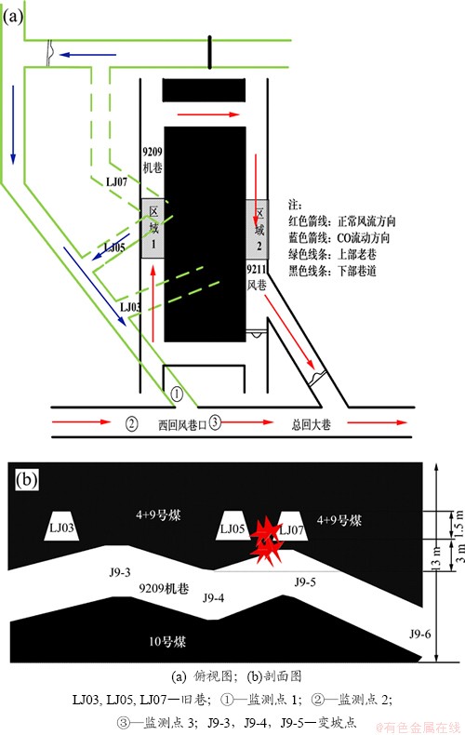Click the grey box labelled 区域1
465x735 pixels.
point(153,228)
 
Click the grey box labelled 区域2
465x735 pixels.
point(258,229)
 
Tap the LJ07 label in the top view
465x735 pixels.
point(117,181)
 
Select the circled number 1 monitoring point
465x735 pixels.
point(177,394)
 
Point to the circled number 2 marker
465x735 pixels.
point(132,423)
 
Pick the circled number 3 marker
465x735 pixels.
point(215,421)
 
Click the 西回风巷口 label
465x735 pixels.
point(182,425)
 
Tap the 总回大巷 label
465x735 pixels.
point(312,424)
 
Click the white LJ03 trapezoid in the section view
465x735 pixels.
point(62,526)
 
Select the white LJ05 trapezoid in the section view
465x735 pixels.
point(233,526)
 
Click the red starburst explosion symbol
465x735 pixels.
point(266,540)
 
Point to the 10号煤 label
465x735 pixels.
point(167,641)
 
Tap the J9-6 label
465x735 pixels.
point(419,635)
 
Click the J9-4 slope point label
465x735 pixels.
point(213,597)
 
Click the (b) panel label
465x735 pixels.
point(26,479)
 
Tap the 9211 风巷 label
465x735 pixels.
point(257,277)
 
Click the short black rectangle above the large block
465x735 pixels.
point(204,90)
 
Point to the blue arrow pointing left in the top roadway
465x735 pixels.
point(87,55)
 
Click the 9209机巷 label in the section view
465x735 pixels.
point(164,588)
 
